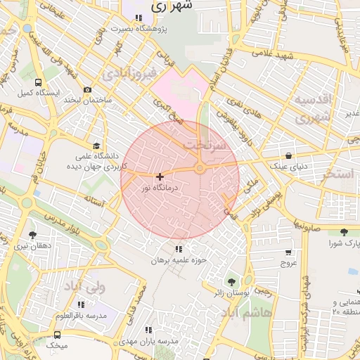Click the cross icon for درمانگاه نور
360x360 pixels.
(160, 176)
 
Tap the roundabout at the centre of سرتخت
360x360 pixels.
(200, 168)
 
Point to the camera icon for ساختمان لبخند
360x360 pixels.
(87, 90)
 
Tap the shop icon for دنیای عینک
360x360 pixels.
(288, 155)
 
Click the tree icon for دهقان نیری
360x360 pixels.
(32, 235)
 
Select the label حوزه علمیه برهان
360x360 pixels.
(178, 260)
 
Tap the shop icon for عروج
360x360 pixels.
(288, 252)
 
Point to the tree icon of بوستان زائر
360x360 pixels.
(233, 281)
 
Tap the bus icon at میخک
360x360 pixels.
(57, 335)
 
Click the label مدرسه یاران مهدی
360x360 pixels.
(148, 340)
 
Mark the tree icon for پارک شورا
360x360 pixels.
(344, 233)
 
